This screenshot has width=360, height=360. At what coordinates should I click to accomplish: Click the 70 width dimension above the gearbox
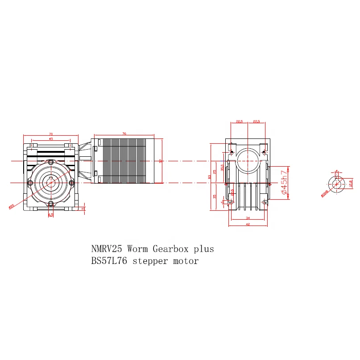[x=50, y=134]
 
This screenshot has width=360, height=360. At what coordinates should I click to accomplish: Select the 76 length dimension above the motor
[x=124, y=134]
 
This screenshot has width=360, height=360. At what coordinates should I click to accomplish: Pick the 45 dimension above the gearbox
[x=50, y=139]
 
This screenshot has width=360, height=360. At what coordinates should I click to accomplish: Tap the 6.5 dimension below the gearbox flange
[x=50, y=215]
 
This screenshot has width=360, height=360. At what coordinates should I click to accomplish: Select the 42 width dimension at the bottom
[x=248, y=224]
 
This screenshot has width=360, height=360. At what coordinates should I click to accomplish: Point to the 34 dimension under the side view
[x=248, y=218]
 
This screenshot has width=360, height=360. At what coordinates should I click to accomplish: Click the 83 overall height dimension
[x=210, y=176]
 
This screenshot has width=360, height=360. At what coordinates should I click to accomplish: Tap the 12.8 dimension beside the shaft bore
[x=351, y=183]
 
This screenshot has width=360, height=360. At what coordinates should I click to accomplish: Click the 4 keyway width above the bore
[x=336, y=171]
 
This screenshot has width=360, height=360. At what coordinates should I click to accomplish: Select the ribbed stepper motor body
[x=125, y=161]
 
